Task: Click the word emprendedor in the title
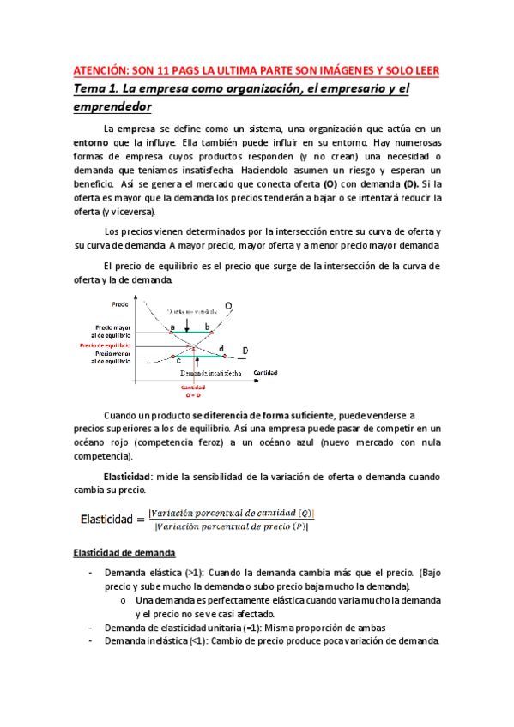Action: click(112, 106)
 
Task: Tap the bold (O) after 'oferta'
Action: click(330, 184)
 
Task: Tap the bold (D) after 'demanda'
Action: click(413, 184)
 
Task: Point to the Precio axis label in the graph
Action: click(120, 304)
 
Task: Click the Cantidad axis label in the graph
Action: click(267, 373)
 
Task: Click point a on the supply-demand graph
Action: click(171, 327)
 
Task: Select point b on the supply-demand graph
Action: click(207, 327)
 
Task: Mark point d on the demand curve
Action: click(221, 349)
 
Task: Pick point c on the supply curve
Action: click(178, 361)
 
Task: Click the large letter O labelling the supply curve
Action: click(227, 306)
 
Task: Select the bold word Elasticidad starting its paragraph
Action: click(128, 477)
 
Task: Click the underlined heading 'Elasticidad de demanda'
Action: click(124, 552)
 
